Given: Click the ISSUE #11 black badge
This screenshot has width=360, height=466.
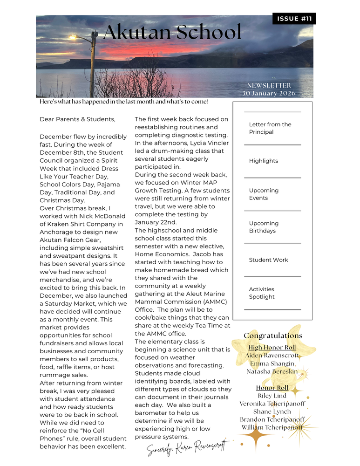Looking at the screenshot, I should point(294,19).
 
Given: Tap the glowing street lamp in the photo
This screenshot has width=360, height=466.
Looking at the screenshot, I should point(73,37).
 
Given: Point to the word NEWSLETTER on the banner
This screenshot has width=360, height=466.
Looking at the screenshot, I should point(269,85).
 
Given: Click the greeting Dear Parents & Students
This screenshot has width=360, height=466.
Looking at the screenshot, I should point(77,119).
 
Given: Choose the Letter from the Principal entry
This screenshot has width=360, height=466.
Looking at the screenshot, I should point(270,128).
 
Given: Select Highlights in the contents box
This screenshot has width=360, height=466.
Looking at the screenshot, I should point(264,161).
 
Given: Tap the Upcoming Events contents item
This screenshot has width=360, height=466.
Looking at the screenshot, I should point(264,194).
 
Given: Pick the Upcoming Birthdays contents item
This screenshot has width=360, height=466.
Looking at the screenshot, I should point(264,227).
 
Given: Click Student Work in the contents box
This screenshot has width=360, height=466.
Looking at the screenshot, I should point(268,260).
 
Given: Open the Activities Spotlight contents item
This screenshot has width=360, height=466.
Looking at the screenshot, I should point(262,293).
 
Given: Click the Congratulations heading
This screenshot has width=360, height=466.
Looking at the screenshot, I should point(273,336).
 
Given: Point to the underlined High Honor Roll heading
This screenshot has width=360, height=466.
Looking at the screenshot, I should point(272,348).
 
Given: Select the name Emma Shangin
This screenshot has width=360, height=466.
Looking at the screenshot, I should point(272,363).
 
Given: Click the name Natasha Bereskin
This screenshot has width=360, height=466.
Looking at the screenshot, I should point(272,371).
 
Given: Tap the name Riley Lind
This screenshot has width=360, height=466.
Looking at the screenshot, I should point(272,396).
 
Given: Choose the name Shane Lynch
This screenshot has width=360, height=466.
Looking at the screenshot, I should point(272,411).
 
